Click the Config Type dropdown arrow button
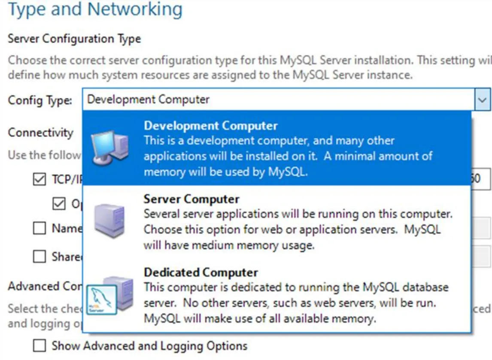click(x=482, y=100)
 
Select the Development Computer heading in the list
click(x=210, y=126)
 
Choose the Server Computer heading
click(x=191, y=199)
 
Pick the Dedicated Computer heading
click(x=201, y=272)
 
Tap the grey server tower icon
click(x=109, y=221)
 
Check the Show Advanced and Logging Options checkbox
click(x=39, y=345)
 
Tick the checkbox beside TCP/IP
click(x=39, y=180)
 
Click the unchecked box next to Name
click(x=39, y=228)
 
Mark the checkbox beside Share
click(x=39, y=257)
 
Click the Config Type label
click(x=40, y=100)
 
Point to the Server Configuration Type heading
click(x=74, y=39)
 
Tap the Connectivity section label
click(x=41, y=133)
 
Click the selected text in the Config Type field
click(x=148, y=100)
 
